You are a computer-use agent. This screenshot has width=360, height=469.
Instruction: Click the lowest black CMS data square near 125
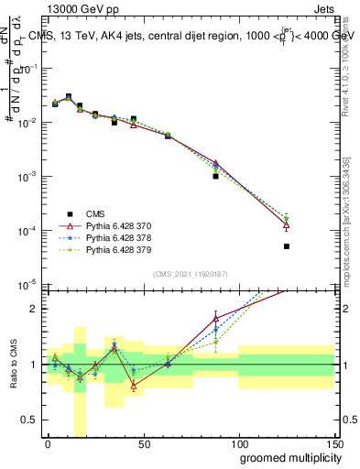pyautogui.click(x=287, y=246)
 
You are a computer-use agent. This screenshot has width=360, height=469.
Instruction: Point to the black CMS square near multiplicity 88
pyautogui.click(x=215, y=176)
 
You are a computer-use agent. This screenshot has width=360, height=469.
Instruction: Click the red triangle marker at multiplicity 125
pyautogui.click(x=287, y=224)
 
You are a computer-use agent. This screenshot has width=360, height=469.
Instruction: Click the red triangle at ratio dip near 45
pyautogui.click(x=134, y=386)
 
